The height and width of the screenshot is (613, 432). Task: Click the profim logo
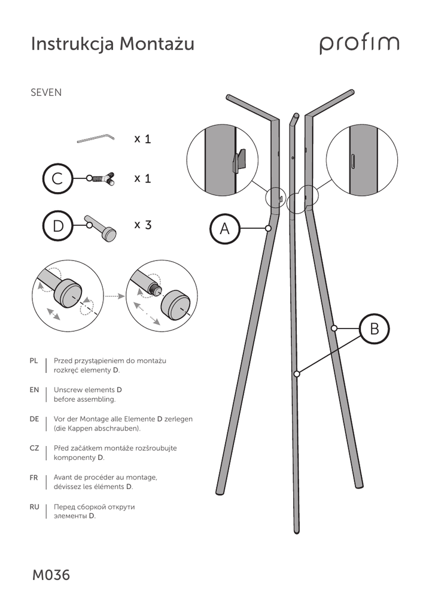tap(359, 44)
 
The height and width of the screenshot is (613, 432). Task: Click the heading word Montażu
tap(157, 44)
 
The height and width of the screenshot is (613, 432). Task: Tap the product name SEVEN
tap(46, 93)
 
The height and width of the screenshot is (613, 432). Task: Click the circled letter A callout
tap(225, 228)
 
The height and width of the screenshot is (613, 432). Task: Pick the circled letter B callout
tap(375, 329)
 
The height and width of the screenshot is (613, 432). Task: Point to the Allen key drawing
tap(95, 139)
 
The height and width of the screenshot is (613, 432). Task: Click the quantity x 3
tap(142, 225)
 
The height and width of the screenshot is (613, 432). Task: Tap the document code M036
tap(51, 575)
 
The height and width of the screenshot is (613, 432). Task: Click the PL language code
tap(34, 361)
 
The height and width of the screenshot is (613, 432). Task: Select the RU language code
tap(34, 507)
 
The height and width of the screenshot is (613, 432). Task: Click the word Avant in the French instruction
tap(64, 478)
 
